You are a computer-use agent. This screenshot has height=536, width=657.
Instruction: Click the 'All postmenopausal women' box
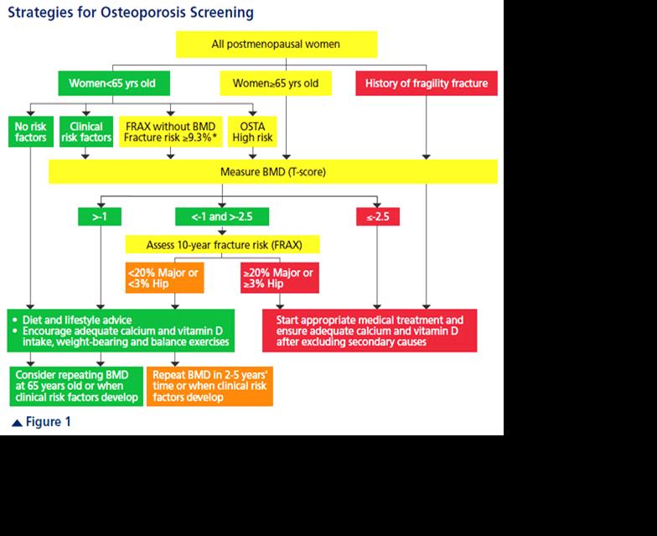tap(277, 44)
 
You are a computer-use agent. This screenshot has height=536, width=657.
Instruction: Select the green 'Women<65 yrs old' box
tap(114, 83)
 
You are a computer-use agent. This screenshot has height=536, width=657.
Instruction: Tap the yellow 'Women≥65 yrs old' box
tap(276, 83)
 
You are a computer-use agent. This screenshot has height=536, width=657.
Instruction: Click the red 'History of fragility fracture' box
tap(427, 83)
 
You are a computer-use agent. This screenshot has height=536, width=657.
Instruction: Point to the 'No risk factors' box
tap(31, 132)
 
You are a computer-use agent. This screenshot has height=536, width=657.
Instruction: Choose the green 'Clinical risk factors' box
tap(86, 132)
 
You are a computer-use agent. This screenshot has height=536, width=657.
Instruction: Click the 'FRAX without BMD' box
tap(171, 132)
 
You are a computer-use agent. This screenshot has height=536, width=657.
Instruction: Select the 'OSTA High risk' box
tap(252, 132)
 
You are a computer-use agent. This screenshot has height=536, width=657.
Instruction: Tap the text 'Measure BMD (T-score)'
tap(273, 171)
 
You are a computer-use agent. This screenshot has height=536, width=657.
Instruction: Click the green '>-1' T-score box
tap(100, 216)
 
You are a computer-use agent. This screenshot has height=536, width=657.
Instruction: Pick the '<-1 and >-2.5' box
tap(222, 216)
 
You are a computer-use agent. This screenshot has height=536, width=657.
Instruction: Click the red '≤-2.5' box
tap(378, 216)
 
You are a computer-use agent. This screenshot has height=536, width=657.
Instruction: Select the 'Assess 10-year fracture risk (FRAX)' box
tap(223, 245)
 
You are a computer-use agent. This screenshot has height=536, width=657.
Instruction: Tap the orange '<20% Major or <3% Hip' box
tap(164, 278)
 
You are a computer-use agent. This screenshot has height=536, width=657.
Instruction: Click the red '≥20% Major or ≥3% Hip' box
tap(280, 278)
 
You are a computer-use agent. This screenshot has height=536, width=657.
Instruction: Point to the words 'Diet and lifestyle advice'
tap(77, 320)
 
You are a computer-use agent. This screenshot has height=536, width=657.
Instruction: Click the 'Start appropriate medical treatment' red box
tap(370, 330)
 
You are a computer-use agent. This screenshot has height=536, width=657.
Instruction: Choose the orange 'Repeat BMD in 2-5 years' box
tap(210, 386)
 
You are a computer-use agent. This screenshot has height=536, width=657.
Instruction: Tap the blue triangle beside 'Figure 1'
tap(17, 423)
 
